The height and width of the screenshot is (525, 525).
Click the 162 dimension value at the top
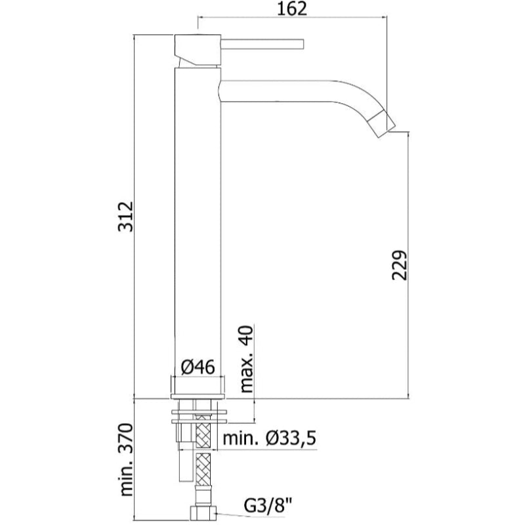pyautogui.click(x=292, y=9)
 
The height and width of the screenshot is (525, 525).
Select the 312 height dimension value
pyautogui.click(x=126, y=217)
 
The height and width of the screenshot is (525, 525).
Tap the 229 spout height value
pyautogui.click(x=400, y=265)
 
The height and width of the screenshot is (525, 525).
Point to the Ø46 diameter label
pyautogui.click(x=198, y=367)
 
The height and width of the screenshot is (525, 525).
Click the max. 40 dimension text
pyautogui.click(x=247, y=358)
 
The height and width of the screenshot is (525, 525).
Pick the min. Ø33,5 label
pyautogui.click(x=270, y=438)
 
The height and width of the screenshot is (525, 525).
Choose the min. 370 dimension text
pyautogui.click(x=126, y=460)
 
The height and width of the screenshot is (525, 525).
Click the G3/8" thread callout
pyautogui.click(x=268, y=505)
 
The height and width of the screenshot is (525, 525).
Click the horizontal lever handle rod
pyautogui.click(x=262, y=44)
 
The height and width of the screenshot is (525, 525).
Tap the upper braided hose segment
pyautogui.click(x=203, y=431)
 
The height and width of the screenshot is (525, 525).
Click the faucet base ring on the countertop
pyautogui.click(x=198, y=396)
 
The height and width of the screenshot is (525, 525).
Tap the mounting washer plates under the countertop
pyautogui.click(x=199, y=416)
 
